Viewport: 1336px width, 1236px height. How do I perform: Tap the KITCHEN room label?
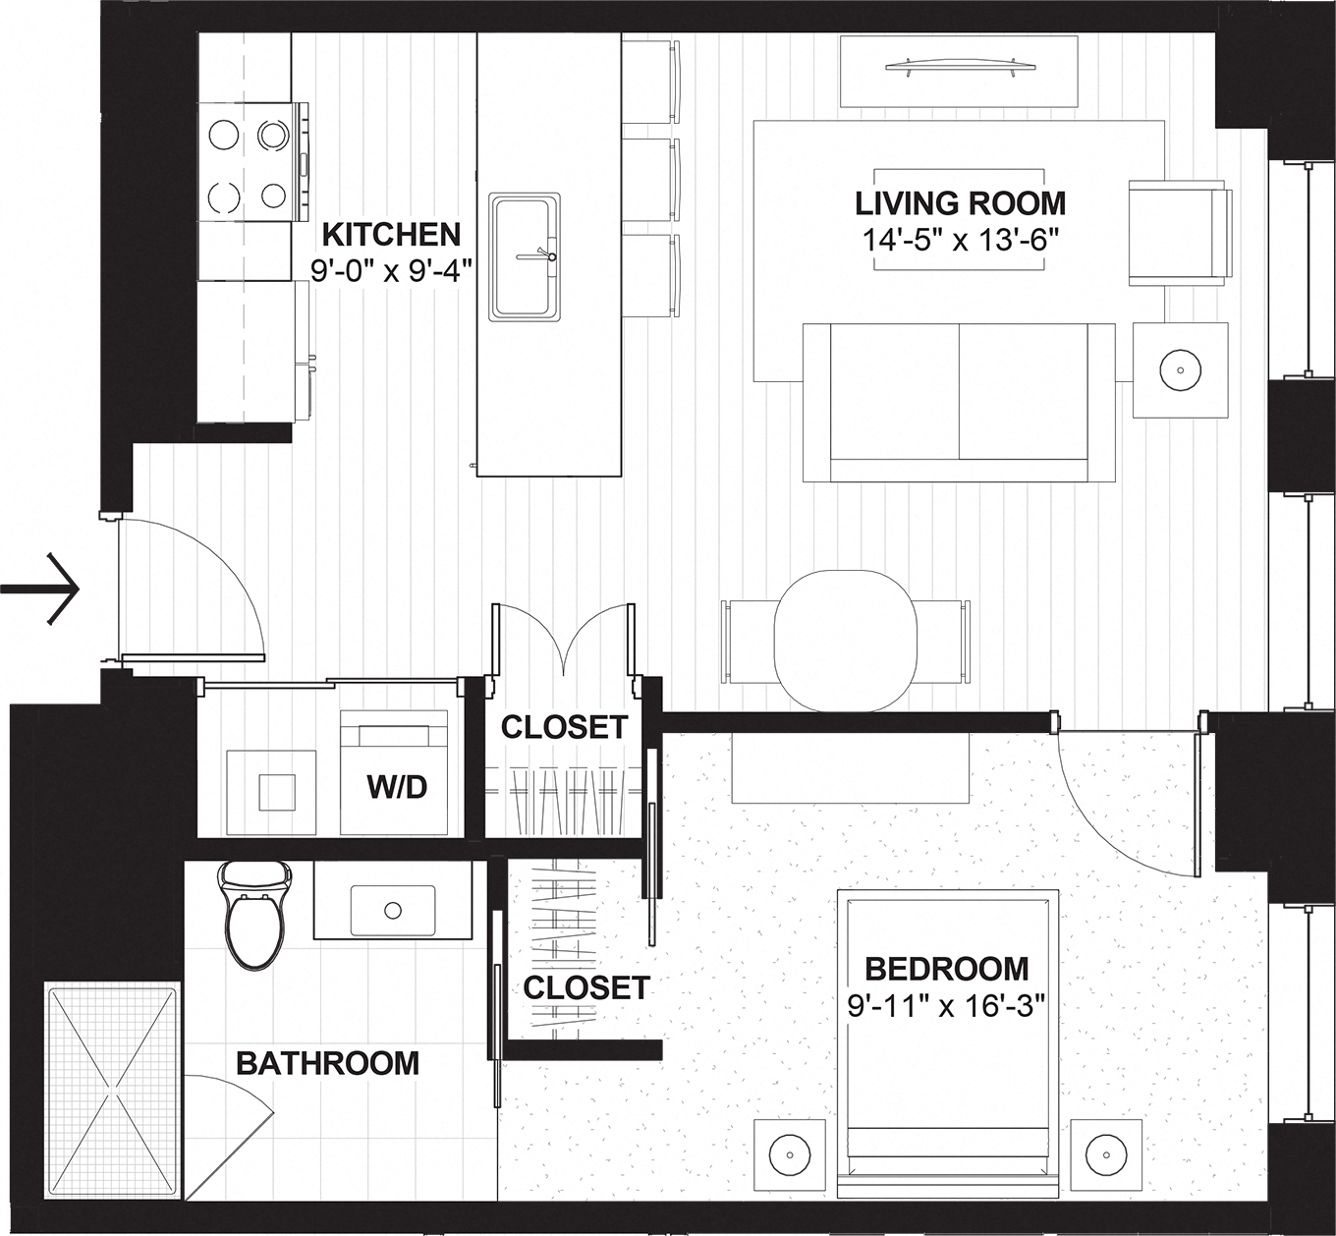391,235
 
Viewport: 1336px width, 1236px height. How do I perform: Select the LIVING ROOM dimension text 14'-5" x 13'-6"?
959,240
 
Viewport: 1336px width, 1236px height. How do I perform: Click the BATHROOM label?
327,1063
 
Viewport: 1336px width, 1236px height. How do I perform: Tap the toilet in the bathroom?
255,914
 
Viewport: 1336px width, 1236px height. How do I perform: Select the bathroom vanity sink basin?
393,911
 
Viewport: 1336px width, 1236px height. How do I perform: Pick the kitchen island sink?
526,256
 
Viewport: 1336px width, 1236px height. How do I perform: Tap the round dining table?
846,641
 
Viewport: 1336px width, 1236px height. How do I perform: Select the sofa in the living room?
958,403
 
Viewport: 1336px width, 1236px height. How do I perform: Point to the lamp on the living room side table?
1180,370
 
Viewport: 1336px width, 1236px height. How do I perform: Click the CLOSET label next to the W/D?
564,727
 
